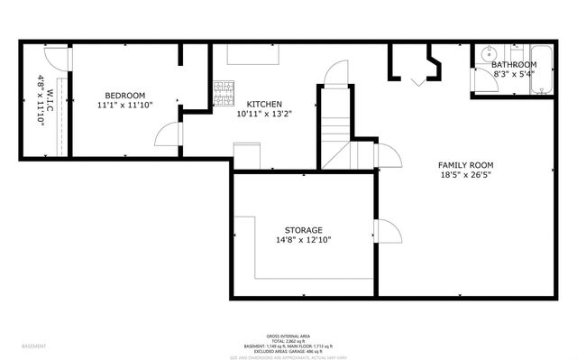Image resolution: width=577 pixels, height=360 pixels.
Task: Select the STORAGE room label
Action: pyautogui.click(x=304, y=230)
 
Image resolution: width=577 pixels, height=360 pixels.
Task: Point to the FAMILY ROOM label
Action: pyautogui.click(x=465, y=164)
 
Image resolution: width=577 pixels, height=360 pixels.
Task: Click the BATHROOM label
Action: pyautogui.click(x=514, y=65)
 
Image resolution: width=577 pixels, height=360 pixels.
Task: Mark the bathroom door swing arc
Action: pyautogui.click(x=477, y=79)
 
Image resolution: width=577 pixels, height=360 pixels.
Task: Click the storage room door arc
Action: pyautogui.click(x=388, y=232)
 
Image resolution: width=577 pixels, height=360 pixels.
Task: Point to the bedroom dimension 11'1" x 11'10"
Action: pyautogui.click(x=125, y=105)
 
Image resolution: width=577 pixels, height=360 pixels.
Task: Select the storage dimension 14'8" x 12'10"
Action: pyautogui.click(x=304, y=241)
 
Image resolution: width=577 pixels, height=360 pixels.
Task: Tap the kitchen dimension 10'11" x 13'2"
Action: pyautogui.click(x=264, y=115)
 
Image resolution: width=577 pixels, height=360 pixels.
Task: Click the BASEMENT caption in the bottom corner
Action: pyautogui.click(x=34, y=346)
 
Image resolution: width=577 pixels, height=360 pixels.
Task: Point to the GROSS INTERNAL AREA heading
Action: pyautogui.click(x=288, y=333)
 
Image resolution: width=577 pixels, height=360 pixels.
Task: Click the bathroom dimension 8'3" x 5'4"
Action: pyautogui.click(x=514, y=75)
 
